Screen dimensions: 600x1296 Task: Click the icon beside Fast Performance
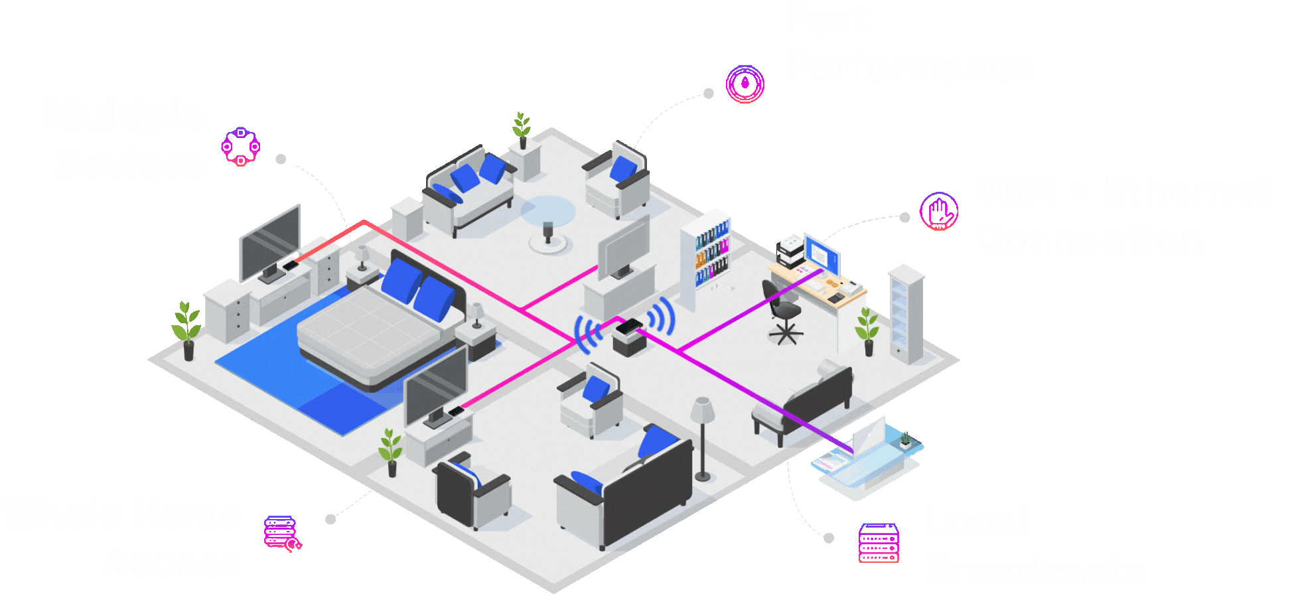tap(745, 84)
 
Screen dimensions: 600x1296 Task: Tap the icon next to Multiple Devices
tap(240, 147)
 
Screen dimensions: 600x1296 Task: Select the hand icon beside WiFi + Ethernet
tap(939, 212)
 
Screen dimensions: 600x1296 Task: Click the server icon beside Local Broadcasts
tap(879, 542)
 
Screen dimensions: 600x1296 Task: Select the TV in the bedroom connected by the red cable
tap(270, 244)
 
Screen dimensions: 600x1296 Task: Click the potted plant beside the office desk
tap(867, 330)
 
